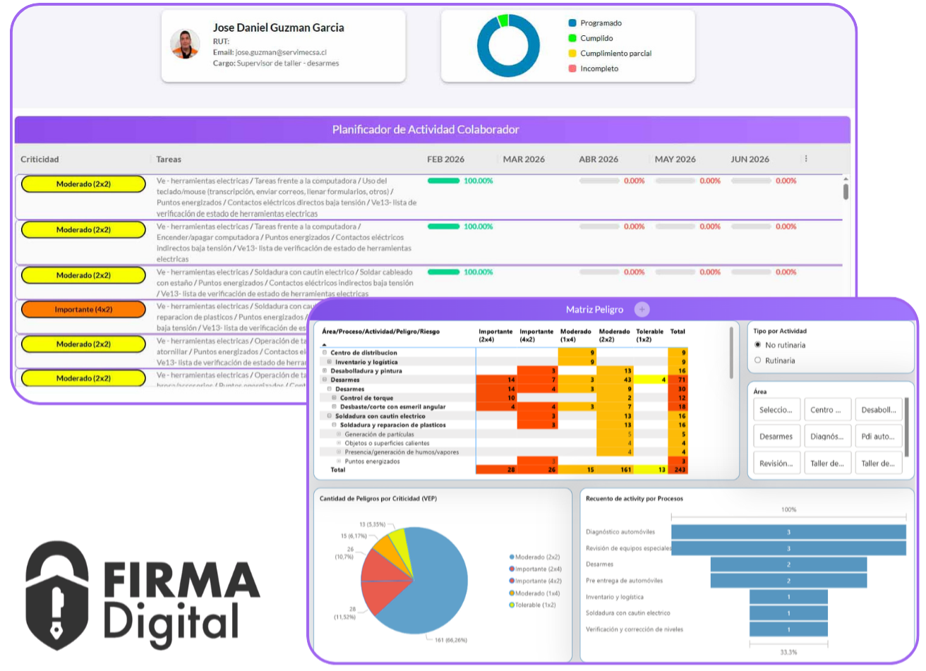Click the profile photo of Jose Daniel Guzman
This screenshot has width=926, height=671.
pyautogui.click(x=185, y=44)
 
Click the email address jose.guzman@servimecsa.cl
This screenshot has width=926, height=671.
pyautogui.click(x=280, y=52)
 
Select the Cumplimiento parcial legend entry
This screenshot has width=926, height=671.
pyautogui.click(x=615, y=54)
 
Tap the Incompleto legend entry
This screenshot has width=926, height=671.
pyautogui.click(x=599, y=68)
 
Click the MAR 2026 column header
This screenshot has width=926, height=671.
pyautogui.click(x=524, y=159)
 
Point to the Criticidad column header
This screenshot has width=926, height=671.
pyautogui.click(x=40, y=159)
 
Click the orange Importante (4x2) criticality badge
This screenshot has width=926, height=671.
pyautogui.click(x=83, y=309)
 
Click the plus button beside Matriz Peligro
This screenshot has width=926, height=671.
pyautogui.click(x=641, y=309)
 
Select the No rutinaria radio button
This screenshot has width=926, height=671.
pyautogui.click(x=758, y=345)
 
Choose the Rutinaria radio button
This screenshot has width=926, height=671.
pyautogui.click(x=758, y=361)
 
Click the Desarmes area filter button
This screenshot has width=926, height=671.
pyautogui.click(x=776, y=436)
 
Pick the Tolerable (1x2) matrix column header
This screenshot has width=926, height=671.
pyautogui.click(x=650, y=335)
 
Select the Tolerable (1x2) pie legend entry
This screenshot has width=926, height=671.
pyautogui.click(x=535, y=605)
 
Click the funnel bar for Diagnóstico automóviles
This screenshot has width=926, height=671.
pyautogui.click(x=788, y=532)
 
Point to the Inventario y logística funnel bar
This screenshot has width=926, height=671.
pyautogui.click(x=788, y=597)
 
